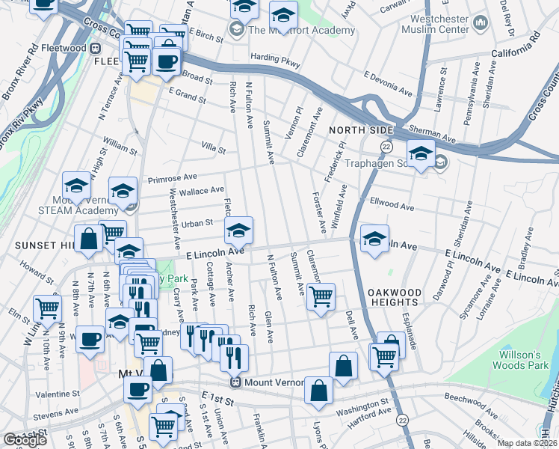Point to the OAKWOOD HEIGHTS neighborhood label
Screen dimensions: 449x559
pyautogui.click(x=395, y=296)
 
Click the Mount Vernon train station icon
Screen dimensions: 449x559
pyautogui.click(x=236, y=382)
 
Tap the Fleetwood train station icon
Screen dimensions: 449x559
pyautogui.click(x=95, y=48)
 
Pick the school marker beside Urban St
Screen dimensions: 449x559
pyautogui.click(x=238, y=230)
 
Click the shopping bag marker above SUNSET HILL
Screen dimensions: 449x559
pyautogui.click(x=89, y=239)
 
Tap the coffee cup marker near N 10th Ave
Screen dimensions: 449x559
pyautogui.click(x=90, y=338)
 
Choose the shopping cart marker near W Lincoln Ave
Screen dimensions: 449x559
pyautogui.click(x=47, y=307)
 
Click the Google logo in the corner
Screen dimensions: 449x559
pyautogui.click(x=25, y=440)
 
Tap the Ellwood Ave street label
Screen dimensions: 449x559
pyautogui.click(x=392, y=205)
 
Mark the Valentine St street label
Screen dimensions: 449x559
pyautogui.click(x=57, y=393)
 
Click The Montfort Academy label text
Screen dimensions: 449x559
pyautogui.click(x=302, y=30)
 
